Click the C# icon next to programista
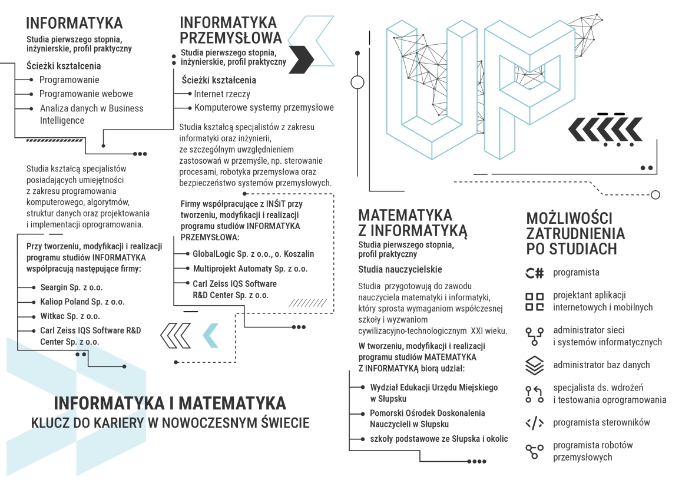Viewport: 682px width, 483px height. point(534,273)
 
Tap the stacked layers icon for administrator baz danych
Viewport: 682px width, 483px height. point(534,365)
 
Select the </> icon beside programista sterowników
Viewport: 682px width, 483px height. point(534,422)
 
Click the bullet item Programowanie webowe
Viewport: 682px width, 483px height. point(86,94)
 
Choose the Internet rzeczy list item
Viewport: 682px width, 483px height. point(222,94)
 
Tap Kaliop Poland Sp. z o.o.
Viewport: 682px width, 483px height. point(82,302)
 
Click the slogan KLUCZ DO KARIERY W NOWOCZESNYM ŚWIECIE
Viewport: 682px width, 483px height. point(170,423)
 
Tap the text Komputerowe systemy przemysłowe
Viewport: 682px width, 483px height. point(264,108)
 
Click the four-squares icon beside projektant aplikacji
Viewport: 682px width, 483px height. point(534,302)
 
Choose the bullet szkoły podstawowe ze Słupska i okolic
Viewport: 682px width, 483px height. point(439,439)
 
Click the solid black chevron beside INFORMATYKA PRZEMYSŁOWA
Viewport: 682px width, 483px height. point(302,59)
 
